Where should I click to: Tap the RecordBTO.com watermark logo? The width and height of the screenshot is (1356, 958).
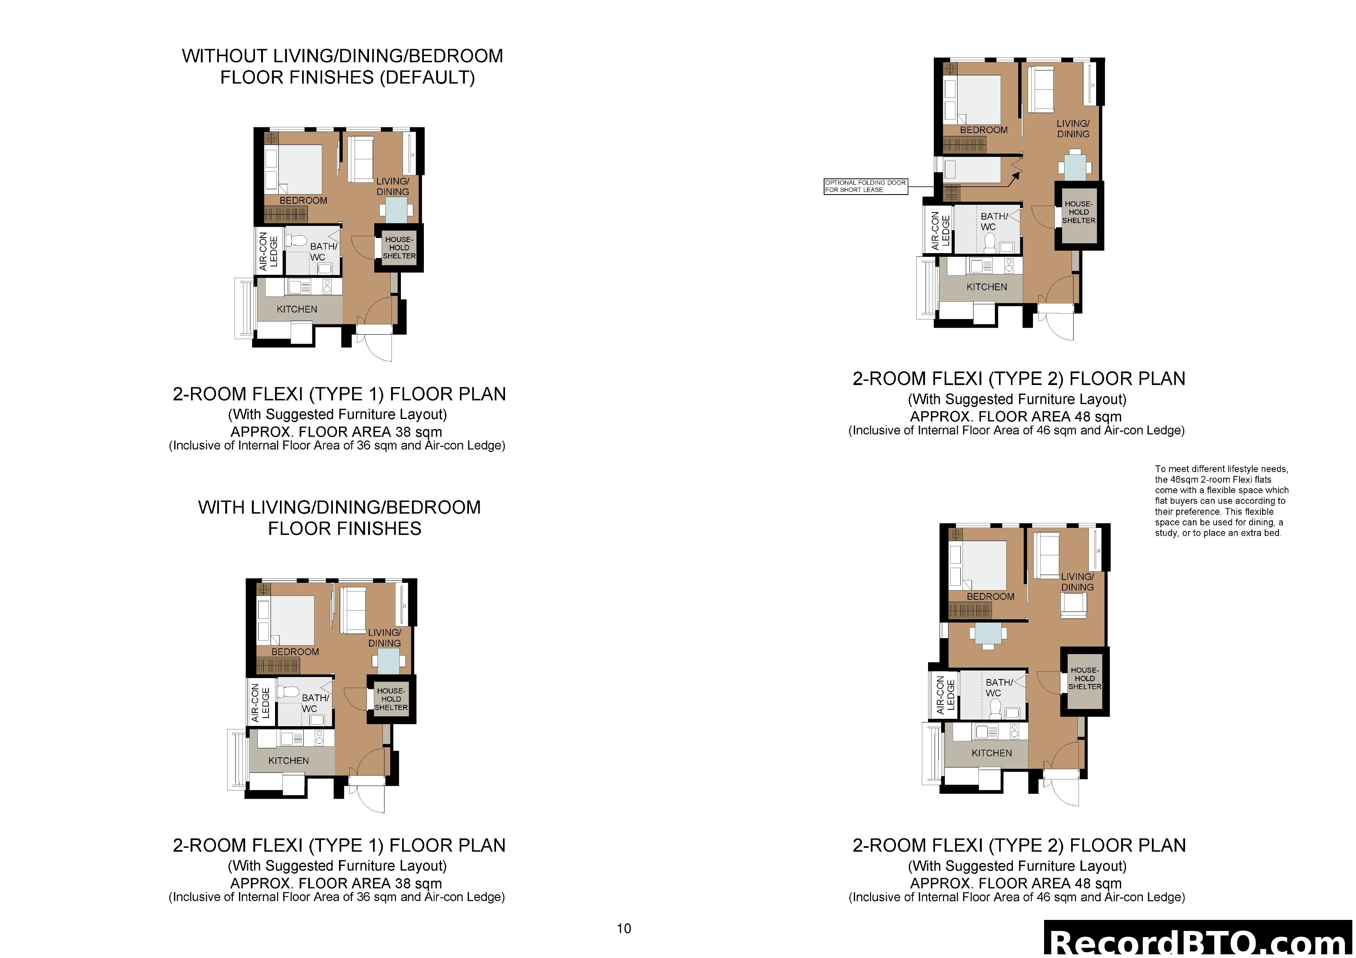coord(1199,942)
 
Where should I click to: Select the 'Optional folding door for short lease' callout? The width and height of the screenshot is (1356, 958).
coord(865,186)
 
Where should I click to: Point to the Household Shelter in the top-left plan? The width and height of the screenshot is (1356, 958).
coord(399,248)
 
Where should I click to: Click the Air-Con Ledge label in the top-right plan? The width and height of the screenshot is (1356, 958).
coord(940,230)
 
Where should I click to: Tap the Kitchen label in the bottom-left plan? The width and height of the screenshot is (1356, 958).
coord(288,760)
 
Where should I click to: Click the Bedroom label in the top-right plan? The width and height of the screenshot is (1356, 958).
coord(983,130)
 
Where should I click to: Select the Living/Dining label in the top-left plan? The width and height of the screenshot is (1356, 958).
coord(393,186)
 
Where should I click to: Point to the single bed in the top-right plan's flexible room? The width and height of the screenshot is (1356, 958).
coord(971,170)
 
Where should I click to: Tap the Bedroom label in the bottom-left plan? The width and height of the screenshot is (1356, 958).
coord(295,652)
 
